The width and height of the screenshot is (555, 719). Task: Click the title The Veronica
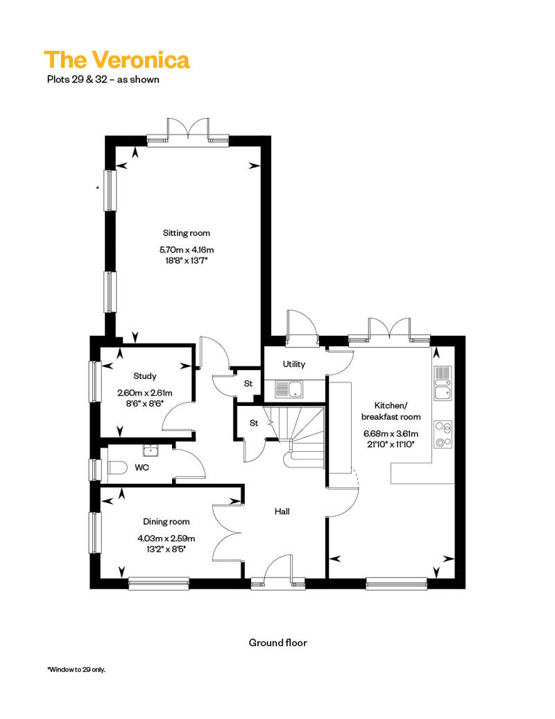pyautogui.click(x=117, y=60)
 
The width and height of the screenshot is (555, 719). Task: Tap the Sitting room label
pyautogui.click(x=187, y=233)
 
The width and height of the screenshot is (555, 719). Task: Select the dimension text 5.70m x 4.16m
pyautogui.click(x=187, y=250)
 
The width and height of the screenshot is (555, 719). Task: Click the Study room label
pyautogui.click(x=145, y=376)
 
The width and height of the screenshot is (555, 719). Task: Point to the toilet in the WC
pyautogui.click(x=116, y=468)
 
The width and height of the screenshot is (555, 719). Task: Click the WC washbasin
pyautogui.click(x=150, y=450)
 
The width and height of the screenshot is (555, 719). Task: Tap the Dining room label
pyautogui.click(x=166, y=521)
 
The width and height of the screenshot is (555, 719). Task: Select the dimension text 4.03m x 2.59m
pyautogui.click(x=166, y=539)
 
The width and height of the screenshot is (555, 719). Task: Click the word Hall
pyautogui.click(x=282, y=511)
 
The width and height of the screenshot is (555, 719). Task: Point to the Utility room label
pyautogui.click(x=293, y=364)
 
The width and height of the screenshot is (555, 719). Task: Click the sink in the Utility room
pyautogui.click(x=289, y=389)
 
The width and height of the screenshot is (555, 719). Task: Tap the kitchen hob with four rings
pyautogui.click(x=443, y=434)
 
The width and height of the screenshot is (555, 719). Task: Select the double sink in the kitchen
pyautogui.click(x=443, y=383)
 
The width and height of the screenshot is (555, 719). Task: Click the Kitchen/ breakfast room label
pyautogui.click(x=391, y=411)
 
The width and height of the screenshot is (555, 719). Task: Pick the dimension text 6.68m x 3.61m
pyautogui.click(x=391, y=433)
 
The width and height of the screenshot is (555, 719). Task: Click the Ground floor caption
pyautogui.click(x=277, y=643)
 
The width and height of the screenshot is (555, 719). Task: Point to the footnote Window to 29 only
pyautogui.click(x=76, y=670)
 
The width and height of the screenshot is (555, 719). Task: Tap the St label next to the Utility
pyautogui.click(x=248, y=383)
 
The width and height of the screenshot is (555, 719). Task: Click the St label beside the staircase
pyautogui.click(x=254, y=423)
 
